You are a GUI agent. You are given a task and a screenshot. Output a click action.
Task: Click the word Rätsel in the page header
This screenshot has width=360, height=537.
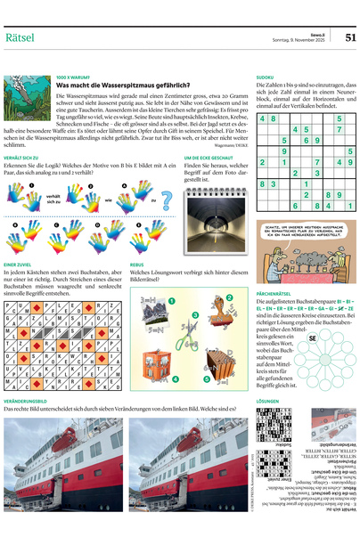click(24, 37)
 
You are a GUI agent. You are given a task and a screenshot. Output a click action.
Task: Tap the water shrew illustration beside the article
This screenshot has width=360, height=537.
click(27, 111)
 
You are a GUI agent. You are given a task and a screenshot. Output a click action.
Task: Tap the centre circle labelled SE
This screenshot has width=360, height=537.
click(313, 338)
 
